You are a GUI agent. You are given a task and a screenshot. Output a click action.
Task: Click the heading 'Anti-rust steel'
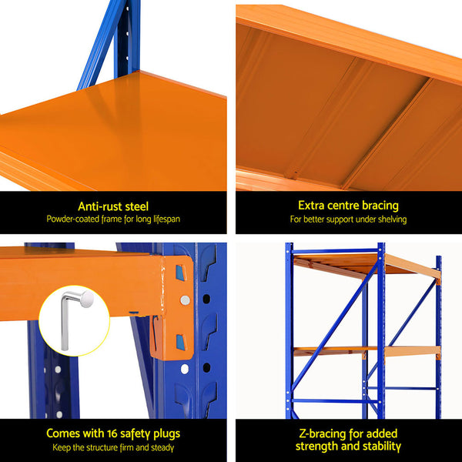point(113,206)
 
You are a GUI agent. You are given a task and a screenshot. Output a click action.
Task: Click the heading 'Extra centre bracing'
point(348,206)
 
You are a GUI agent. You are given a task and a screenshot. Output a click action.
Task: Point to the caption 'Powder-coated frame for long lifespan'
point(113,219)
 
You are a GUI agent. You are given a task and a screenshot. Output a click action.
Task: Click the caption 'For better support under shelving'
point(348,219)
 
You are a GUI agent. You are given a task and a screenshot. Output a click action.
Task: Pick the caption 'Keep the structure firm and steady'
point(113,447)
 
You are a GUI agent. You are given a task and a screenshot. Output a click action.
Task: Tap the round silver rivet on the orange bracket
point(185,300)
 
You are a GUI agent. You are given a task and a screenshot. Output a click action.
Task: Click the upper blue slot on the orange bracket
point(180,272)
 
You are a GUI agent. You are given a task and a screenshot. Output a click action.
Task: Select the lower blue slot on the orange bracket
point(179,343)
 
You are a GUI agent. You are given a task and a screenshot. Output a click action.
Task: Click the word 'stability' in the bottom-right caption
point(377,446)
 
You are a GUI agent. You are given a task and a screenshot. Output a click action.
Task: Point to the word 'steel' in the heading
point(135,206)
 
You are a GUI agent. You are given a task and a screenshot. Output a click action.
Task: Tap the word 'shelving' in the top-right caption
point(389,219)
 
